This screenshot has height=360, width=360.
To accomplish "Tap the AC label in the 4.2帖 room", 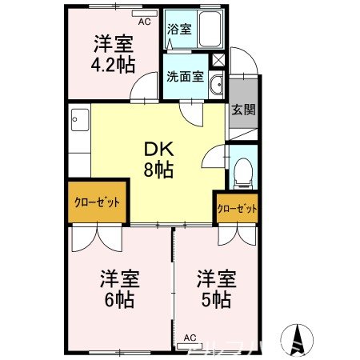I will click(144, 22).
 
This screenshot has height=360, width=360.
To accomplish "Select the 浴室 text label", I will click(178, 30).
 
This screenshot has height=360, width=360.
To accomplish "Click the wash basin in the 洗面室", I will click(216, 86).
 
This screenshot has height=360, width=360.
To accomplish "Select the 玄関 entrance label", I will click(243, 110).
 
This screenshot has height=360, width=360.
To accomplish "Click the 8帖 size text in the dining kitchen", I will click(157, 170).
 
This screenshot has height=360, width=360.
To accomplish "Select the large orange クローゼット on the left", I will click(97, 202).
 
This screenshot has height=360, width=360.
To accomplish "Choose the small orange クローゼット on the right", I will click(237, 209).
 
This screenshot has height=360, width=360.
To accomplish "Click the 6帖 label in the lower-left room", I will click(118, 301).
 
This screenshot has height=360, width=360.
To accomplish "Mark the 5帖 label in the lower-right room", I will click(216, 301).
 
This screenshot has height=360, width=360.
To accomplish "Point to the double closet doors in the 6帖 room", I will click(94, 238).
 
